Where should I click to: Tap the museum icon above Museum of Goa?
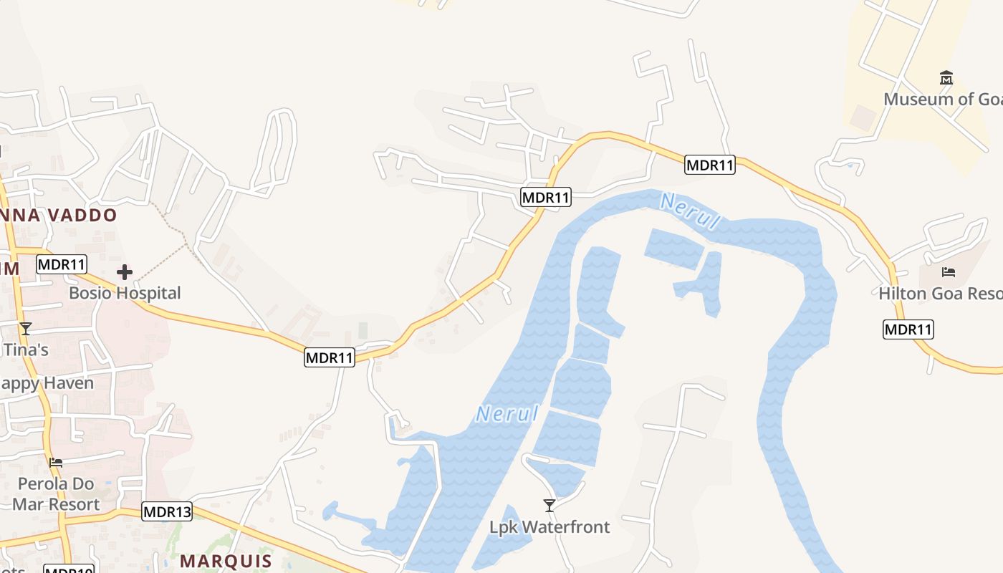tap(946, 77)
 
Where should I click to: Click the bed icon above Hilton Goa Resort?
tap(949, 272)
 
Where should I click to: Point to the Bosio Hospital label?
tap(125, 293)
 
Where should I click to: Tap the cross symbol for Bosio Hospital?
tap(125, 272)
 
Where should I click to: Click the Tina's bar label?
tap(26, 350)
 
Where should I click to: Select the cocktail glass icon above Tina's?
tap(26, 329)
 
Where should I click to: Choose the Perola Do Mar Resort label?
tap(56, 494)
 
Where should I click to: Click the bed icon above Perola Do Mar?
tap(56, 463)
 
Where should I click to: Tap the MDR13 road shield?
tap(168, 511)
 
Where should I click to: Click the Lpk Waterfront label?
tap(550, 527)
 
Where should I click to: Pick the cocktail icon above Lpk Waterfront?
tap(550, 506)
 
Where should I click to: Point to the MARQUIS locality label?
tap(226, 561)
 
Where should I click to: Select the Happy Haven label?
tap(47, 383)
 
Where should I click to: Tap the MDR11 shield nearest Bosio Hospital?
tap(62, 264)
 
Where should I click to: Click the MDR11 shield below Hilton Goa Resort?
tap(908, 329)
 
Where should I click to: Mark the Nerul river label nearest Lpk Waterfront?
tap(507, 414)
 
